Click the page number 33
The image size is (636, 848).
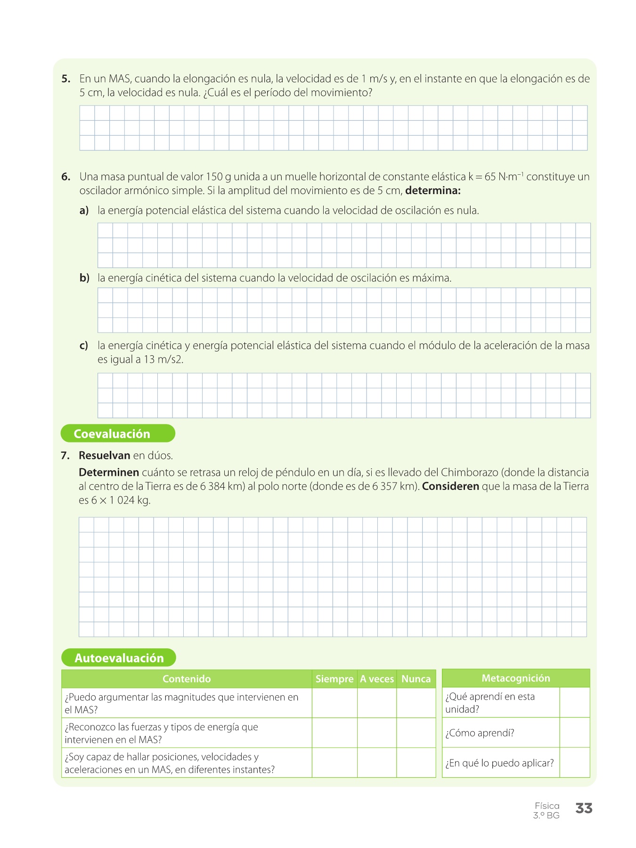(584, 808)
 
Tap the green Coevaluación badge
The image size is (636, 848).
(118, 433)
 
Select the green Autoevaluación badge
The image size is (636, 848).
(119, 658)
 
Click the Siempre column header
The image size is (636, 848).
(334, 679)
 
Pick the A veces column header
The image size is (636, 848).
(377, 679)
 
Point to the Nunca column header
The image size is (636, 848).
(416, 679)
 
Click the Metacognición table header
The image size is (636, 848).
(516, 678)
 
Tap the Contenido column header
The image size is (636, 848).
(187, 679)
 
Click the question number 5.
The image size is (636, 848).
(66, 79)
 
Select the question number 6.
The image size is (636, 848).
(66, 177)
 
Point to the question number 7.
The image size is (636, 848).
(65, 456)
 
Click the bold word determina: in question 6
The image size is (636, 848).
(432, 191)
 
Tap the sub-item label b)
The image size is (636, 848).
(84, 278)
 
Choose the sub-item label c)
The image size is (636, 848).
(84, 345)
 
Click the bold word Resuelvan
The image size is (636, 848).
(104, 456)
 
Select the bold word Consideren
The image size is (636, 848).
(450, 486)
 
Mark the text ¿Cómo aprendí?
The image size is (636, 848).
(480, 733)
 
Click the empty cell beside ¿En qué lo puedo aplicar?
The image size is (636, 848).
(575, 763)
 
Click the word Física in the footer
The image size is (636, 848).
(547, 806)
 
